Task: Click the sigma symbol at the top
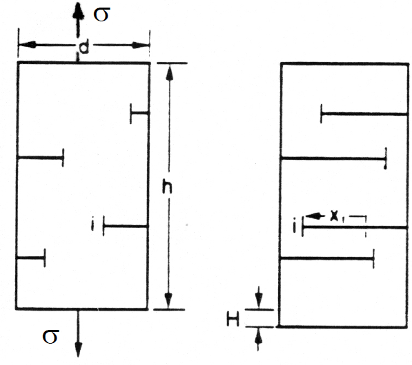pyautogui.click(x=101, y=14)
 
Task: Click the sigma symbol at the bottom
pyautogui.click(x=50, y=337)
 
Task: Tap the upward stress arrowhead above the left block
pyautogui.click(x=78, y=11)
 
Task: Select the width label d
pyautogui.click(x=84, y=48)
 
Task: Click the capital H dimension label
pyautogui.click(x=233, y=320)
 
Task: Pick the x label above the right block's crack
pyautogui.click(x=334, y=216)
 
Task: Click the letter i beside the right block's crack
pyautogui.click(x=295, y=225)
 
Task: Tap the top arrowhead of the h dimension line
pyautogui.click(x=170, y=72)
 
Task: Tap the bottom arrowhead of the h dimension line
pyautogui.click(x=168, y=301)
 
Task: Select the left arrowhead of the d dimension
pyautogui.click(x=28, y=45)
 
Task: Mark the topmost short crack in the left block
pyautogui.click(x=140, y=113)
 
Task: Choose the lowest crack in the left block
pyautogui.click(x=31, y=258)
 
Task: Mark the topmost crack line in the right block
pyautogui.click(x=364, y=114)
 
